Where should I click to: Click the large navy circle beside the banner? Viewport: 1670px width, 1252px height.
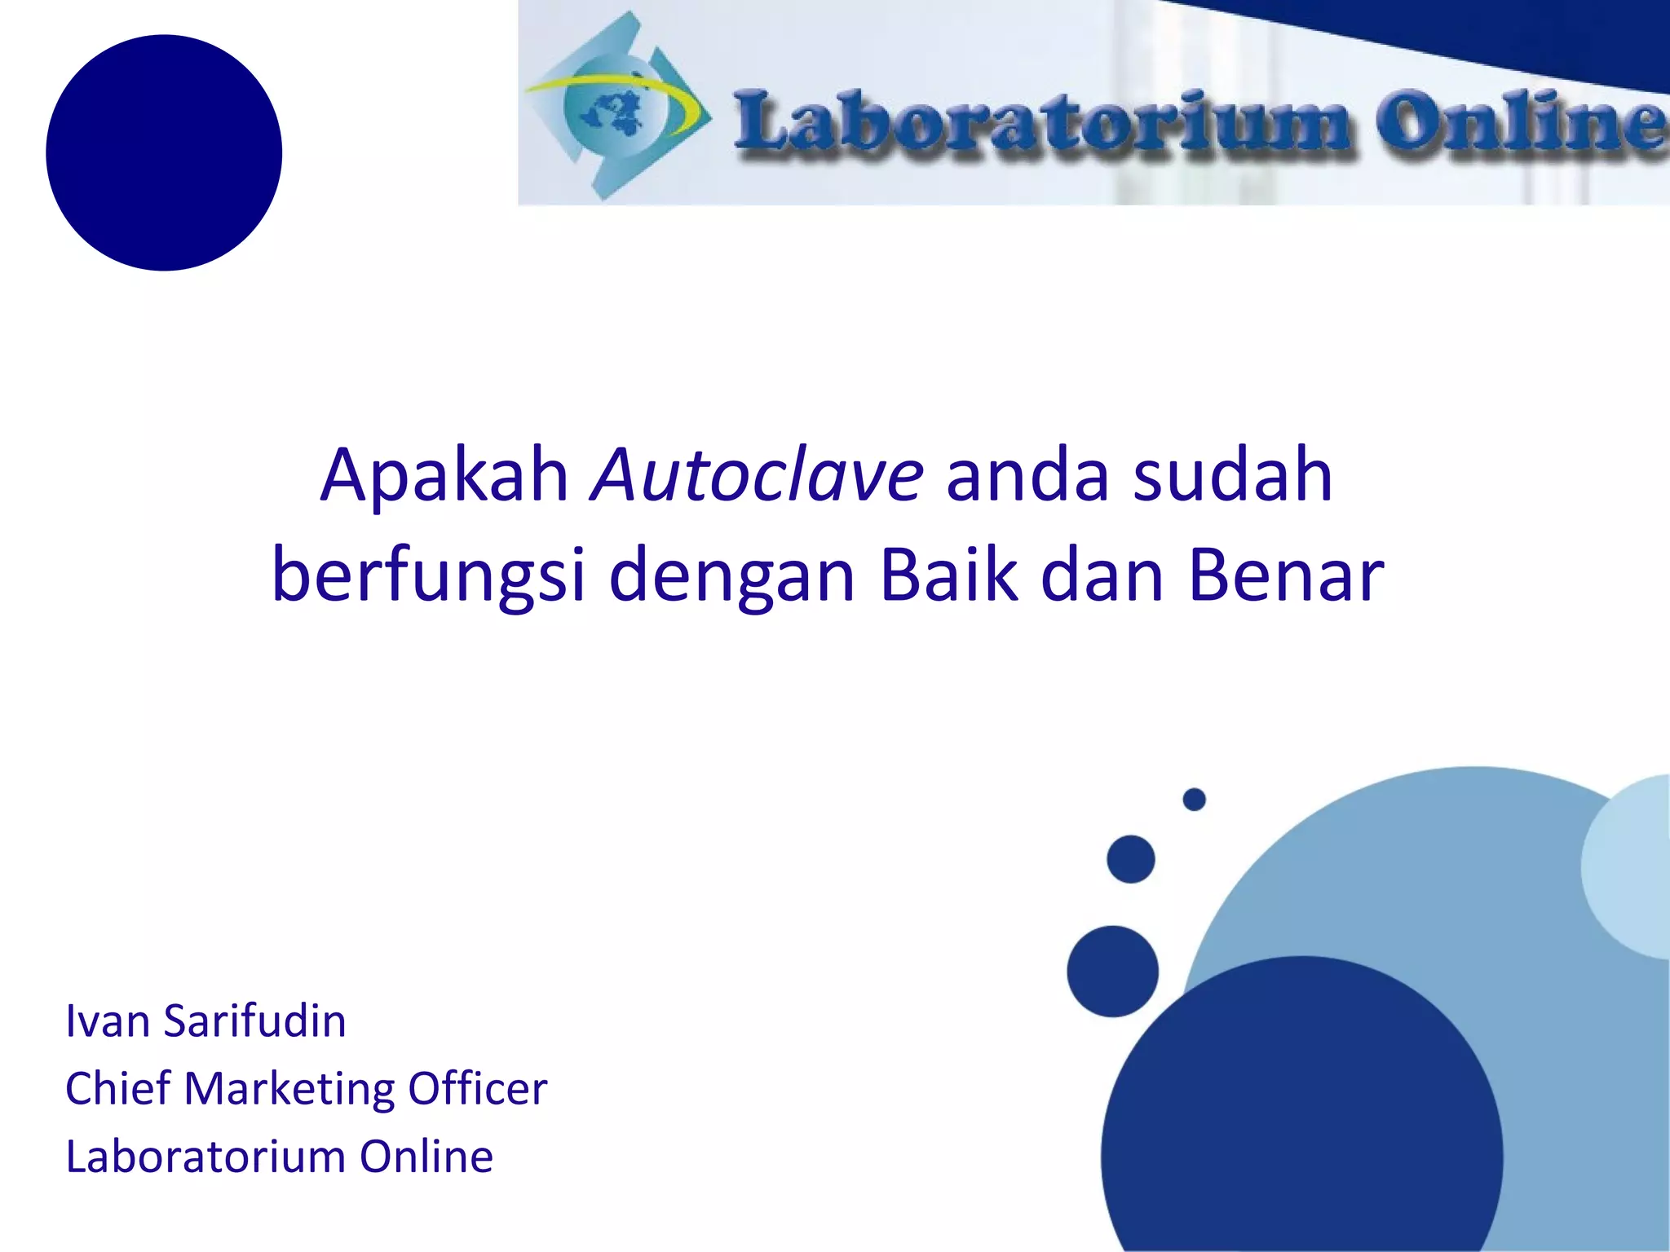coord(164,152)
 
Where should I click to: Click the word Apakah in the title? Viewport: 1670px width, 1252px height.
coord(444,476)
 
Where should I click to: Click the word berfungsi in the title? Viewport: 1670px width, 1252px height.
coord(428,576)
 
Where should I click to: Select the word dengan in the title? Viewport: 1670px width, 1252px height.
coord(731,576)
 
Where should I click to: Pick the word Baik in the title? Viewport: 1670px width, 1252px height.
coord(949,575)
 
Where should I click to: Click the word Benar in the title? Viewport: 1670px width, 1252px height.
coord(1286,575)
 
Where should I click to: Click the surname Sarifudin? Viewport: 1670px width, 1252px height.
coord(254,1021)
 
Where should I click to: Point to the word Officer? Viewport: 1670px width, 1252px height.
coord(477,1089)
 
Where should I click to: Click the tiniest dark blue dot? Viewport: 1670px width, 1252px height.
coord(1194,800)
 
